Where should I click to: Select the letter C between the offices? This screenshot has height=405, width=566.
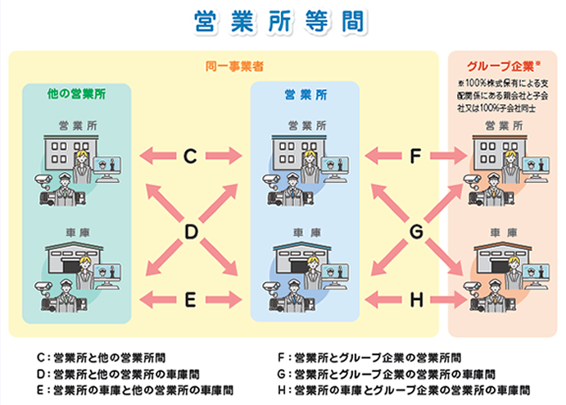click(x=190, y=155)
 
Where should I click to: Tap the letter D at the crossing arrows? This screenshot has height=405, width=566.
click(x=190, y=233)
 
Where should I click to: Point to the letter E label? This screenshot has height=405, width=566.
click(x=190, y=300)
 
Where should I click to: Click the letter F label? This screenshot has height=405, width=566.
click(x=416, y=155)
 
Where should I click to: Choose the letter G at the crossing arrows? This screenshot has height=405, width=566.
click(x=416, y=233)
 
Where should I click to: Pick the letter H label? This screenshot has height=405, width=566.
click(x=416, y=300)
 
